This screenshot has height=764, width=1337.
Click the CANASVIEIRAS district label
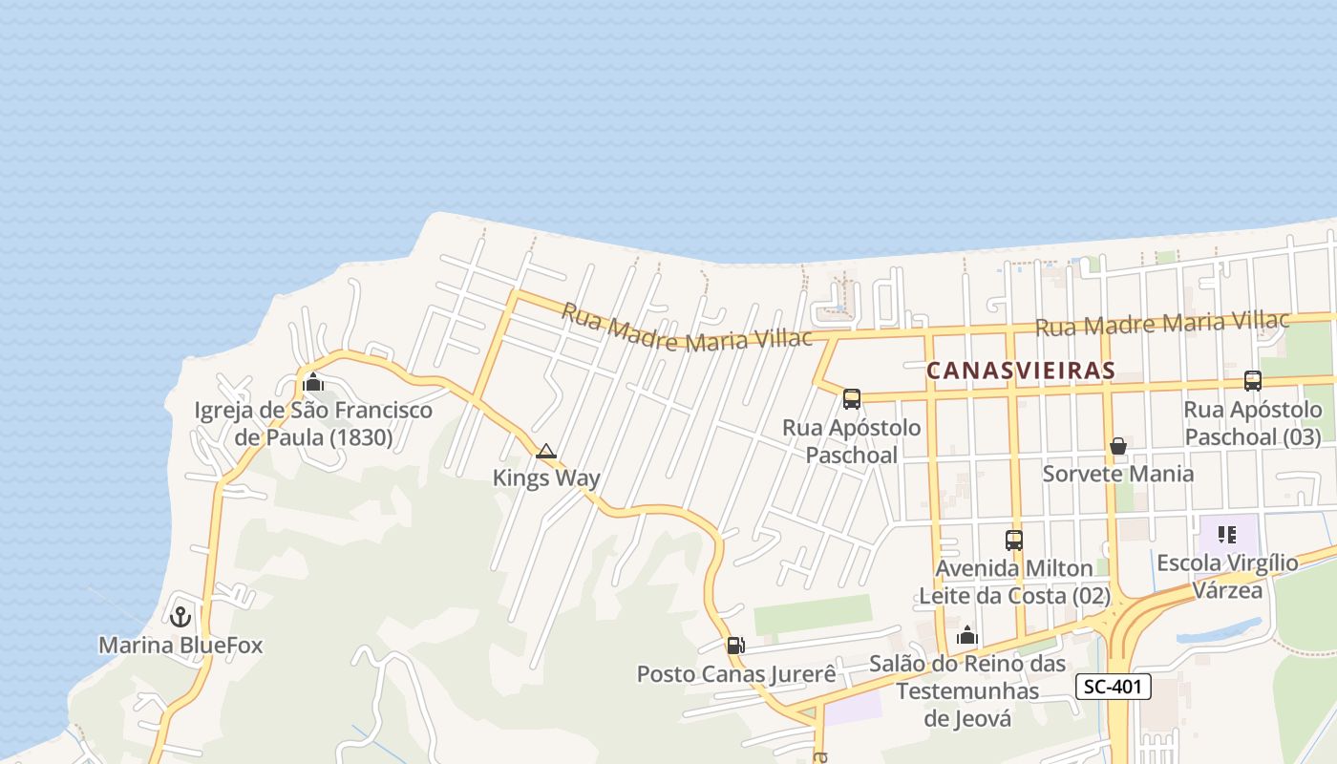tap(1021, 371)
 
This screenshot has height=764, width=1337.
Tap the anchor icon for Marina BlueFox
tap(180, 617)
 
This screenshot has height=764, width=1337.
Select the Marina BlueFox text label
tap(180, 646)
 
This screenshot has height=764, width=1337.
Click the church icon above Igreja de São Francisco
tap(313, 383)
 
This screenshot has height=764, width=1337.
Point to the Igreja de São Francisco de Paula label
tap(313, 424)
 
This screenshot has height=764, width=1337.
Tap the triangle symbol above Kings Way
tap(546, 451)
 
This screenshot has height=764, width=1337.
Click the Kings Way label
tap(546, 477)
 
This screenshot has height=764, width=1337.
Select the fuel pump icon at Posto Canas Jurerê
tap(735, 646)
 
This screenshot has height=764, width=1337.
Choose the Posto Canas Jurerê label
tap(736, 674)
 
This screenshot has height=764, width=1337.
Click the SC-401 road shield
tap(1114, 686)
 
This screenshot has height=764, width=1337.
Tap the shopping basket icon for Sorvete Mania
tap(1118, 446)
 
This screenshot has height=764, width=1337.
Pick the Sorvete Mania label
tap(1118, 474)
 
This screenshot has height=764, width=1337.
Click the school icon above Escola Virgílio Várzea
tap(1227, 534)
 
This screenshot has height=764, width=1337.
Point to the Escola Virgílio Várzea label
tap(1227, 576)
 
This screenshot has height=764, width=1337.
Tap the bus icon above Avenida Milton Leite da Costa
tap(1014, 541)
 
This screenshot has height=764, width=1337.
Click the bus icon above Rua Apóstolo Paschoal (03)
tap(1253, 381)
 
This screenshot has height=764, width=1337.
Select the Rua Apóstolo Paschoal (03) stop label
tap(1253, 423)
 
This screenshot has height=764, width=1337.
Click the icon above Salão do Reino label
tap(967, 635)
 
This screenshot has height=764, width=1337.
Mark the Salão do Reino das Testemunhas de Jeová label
tap(967, 690)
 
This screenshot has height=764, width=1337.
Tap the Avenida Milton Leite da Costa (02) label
tap(1014, 583)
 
